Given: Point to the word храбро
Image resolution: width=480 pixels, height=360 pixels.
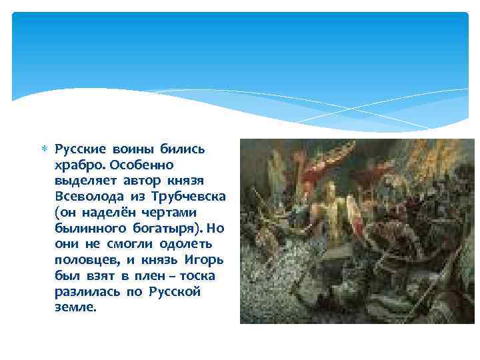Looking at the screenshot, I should tap(77, 165).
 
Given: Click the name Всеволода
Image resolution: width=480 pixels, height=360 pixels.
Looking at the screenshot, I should tap(86, 197).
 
